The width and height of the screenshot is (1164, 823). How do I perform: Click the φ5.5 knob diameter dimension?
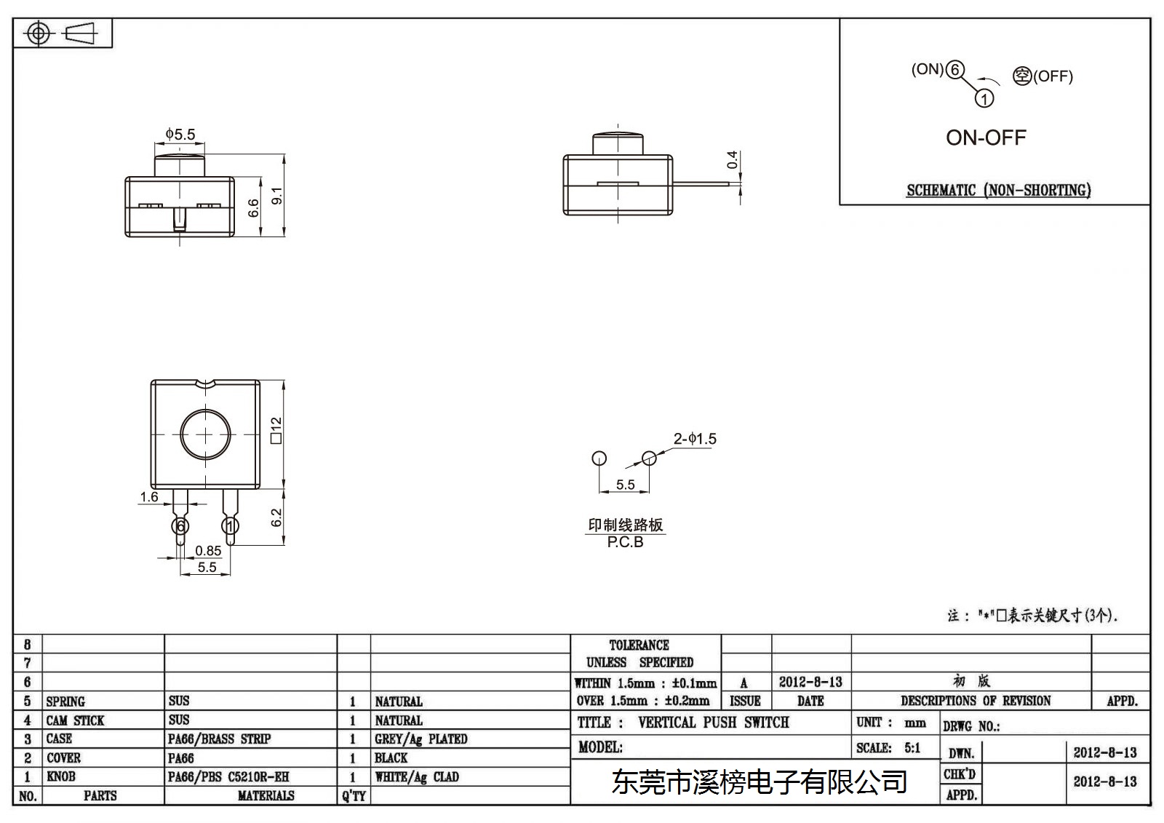point(180,134)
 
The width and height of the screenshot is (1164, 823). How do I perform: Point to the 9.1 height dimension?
point(277,196)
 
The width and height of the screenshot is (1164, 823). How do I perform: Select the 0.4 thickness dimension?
point(732,159)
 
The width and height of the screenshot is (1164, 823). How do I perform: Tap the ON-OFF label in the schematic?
point(986,138)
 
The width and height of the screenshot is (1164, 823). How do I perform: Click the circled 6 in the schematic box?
point(954,70)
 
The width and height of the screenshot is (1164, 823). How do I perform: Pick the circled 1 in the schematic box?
point(984,98)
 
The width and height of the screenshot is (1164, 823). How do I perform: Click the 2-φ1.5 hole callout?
point(695,439)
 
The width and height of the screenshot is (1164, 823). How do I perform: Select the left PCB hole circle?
point(599,458)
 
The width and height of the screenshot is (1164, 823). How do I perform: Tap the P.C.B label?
point(625,542)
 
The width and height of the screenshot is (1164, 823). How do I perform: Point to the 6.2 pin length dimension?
point(276,517)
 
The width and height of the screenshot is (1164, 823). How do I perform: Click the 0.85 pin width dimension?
point(208,551)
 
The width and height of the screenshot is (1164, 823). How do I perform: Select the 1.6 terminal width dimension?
point(148,497)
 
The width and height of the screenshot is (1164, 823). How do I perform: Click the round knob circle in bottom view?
point(205,410)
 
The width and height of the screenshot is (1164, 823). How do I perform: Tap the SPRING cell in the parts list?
point(65,701)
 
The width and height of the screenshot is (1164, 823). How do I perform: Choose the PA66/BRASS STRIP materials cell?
point(219,739)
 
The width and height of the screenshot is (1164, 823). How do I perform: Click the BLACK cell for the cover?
point(391,758)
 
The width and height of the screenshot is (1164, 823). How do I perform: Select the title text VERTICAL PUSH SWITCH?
point(714,722)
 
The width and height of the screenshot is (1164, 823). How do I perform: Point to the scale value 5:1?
point(912,747)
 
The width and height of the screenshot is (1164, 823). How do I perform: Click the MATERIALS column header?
point(266,795)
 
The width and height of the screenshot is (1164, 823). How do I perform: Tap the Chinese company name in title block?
point(760,782)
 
